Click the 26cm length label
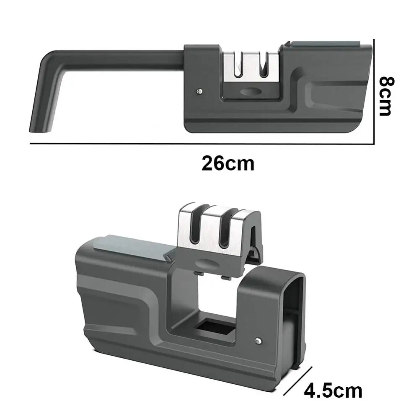228,163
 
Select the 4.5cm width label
333,391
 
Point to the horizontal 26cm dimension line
201,144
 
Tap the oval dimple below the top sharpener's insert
251,92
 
